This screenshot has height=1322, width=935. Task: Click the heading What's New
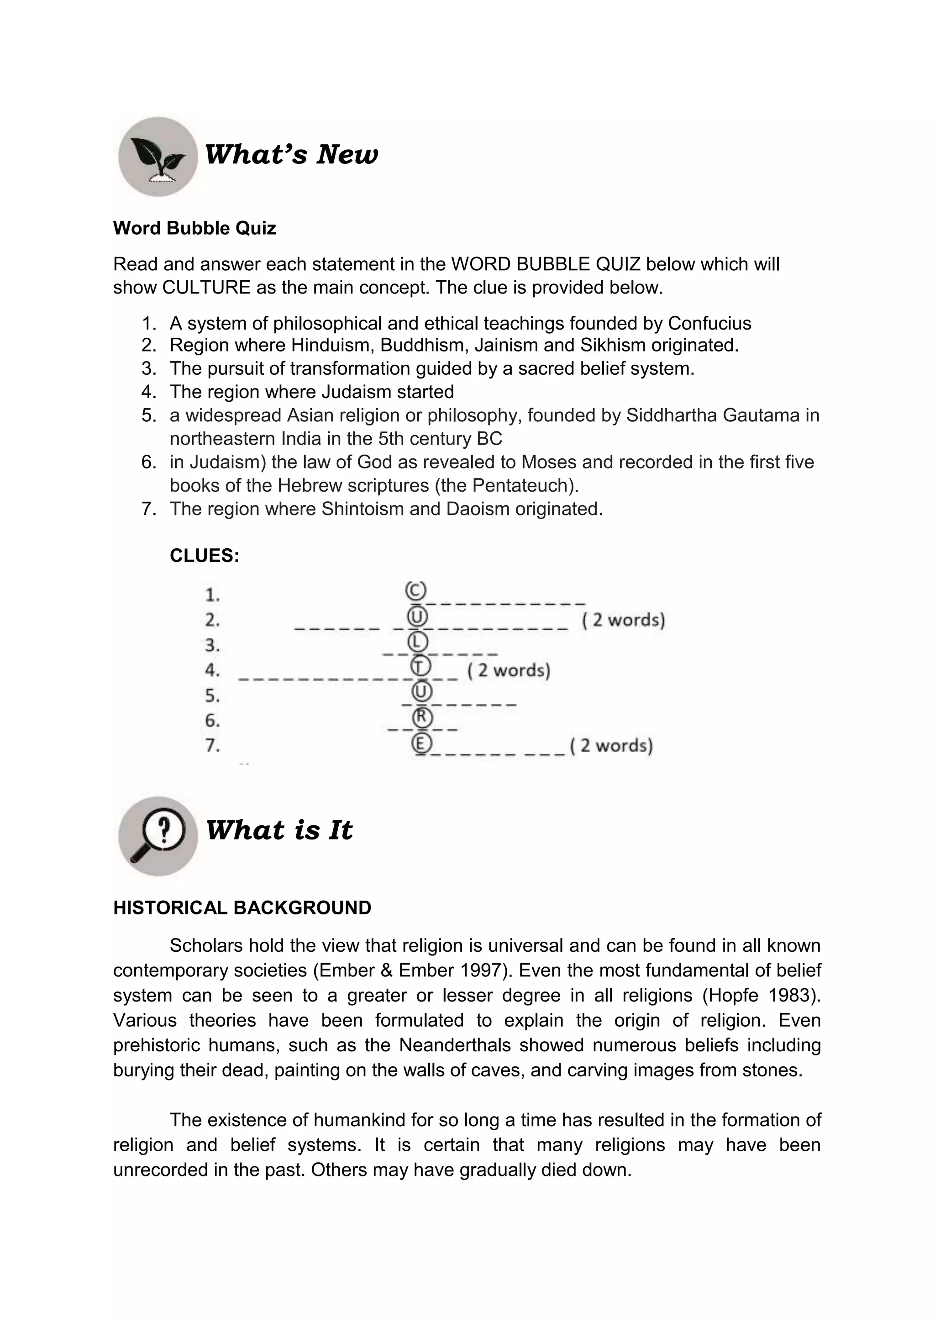[x=291, y=154]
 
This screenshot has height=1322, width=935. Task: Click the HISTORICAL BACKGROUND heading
[x=242, y=908]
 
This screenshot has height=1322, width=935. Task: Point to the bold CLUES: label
[x=205, y=556]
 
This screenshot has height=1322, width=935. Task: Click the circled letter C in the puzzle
[x=416, y=591]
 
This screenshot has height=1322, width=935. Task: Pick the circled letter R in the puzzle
[x=422, y=717]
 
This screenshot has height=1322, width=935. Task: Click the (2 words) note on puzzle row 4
[x=509, y=670]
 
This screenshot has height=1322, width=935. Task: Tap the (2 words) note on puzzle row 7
[x=611, y=745]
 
